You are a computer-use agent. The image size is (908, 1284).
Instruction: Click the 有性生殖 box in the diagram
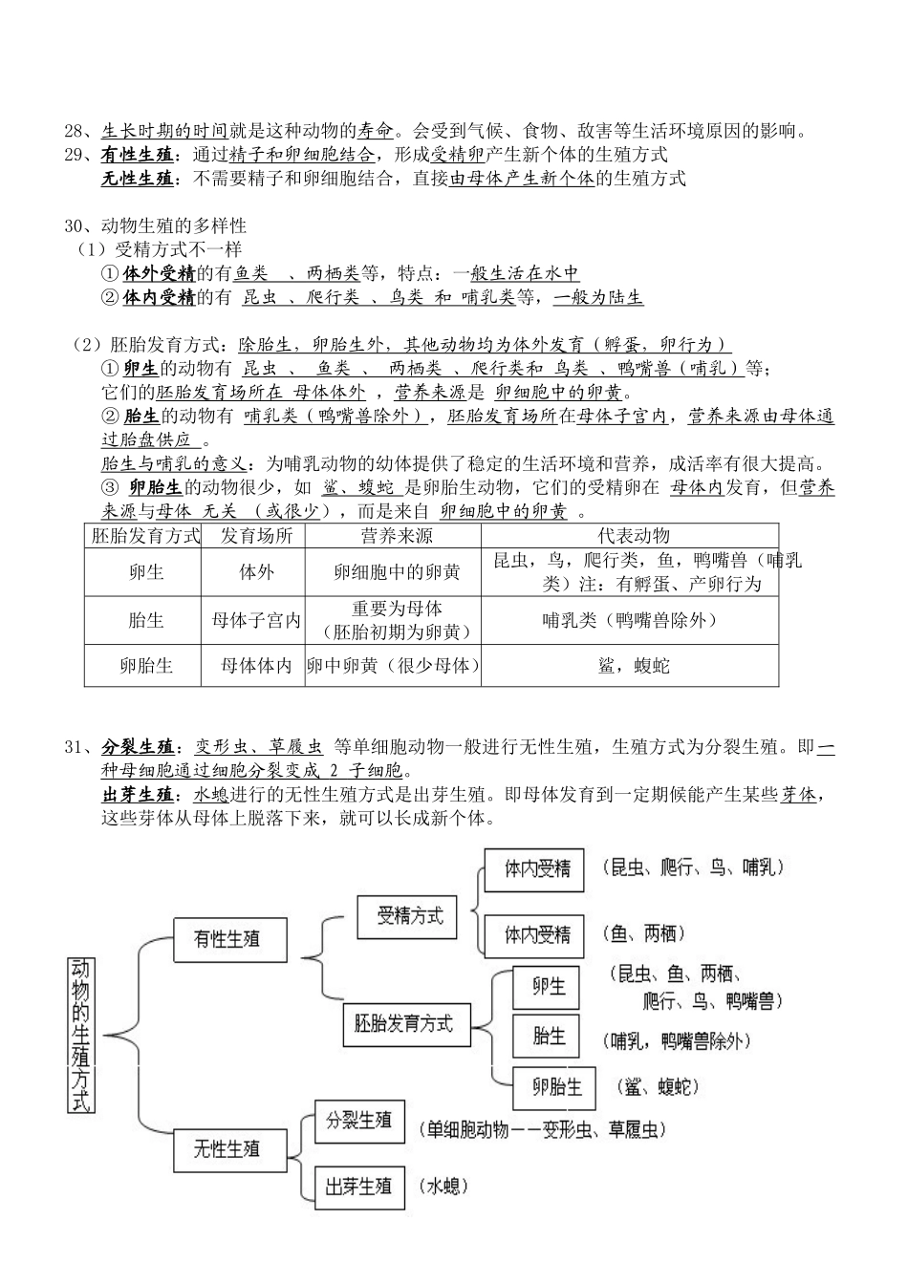pyautogui.click(x=227, y=939)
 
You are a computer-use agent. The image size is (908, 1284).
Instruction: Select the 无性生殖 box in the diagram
pyautogui.click(x=227, y=1148)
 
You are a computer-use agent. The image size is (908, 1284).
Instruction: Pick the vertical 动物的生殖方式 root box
pyautogui.click(x=82, y=1035)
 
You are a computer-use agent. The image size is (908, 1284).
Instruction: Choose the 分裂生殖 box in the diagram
pyautogui.click(x=359, y=1121)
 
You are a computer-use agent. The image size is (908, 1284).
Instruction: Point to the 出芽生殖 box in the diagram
pyautogui.click(x=358, y=1187)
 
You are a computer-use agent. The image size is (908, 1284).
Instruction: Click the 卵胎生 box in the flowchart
pyautogui.click(x=557, y=1087)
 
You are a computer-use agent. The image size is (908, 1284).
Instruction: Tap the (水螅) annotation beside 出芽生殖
pyautogui.click(x=443, y=1187)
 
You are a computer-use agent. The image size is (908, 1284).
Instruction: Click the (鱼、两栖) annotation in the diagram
pyautogui.click(x=643, y=933)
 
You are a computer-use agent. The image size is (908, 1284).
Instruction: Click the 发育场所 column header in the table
pyautogui.click(x=256, y=536)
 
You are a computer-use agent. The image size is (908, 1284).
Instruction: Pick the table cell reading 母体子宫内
pyautogui.click(x=256, y=620)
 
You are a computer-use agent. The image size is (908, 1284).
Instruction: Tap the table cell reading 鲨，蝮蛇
pyautogui.click(x=633, y=665)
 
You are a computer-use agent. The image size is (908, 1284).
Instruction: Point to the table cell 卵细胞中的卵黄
pyautogui.click(x=397, y=572)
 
